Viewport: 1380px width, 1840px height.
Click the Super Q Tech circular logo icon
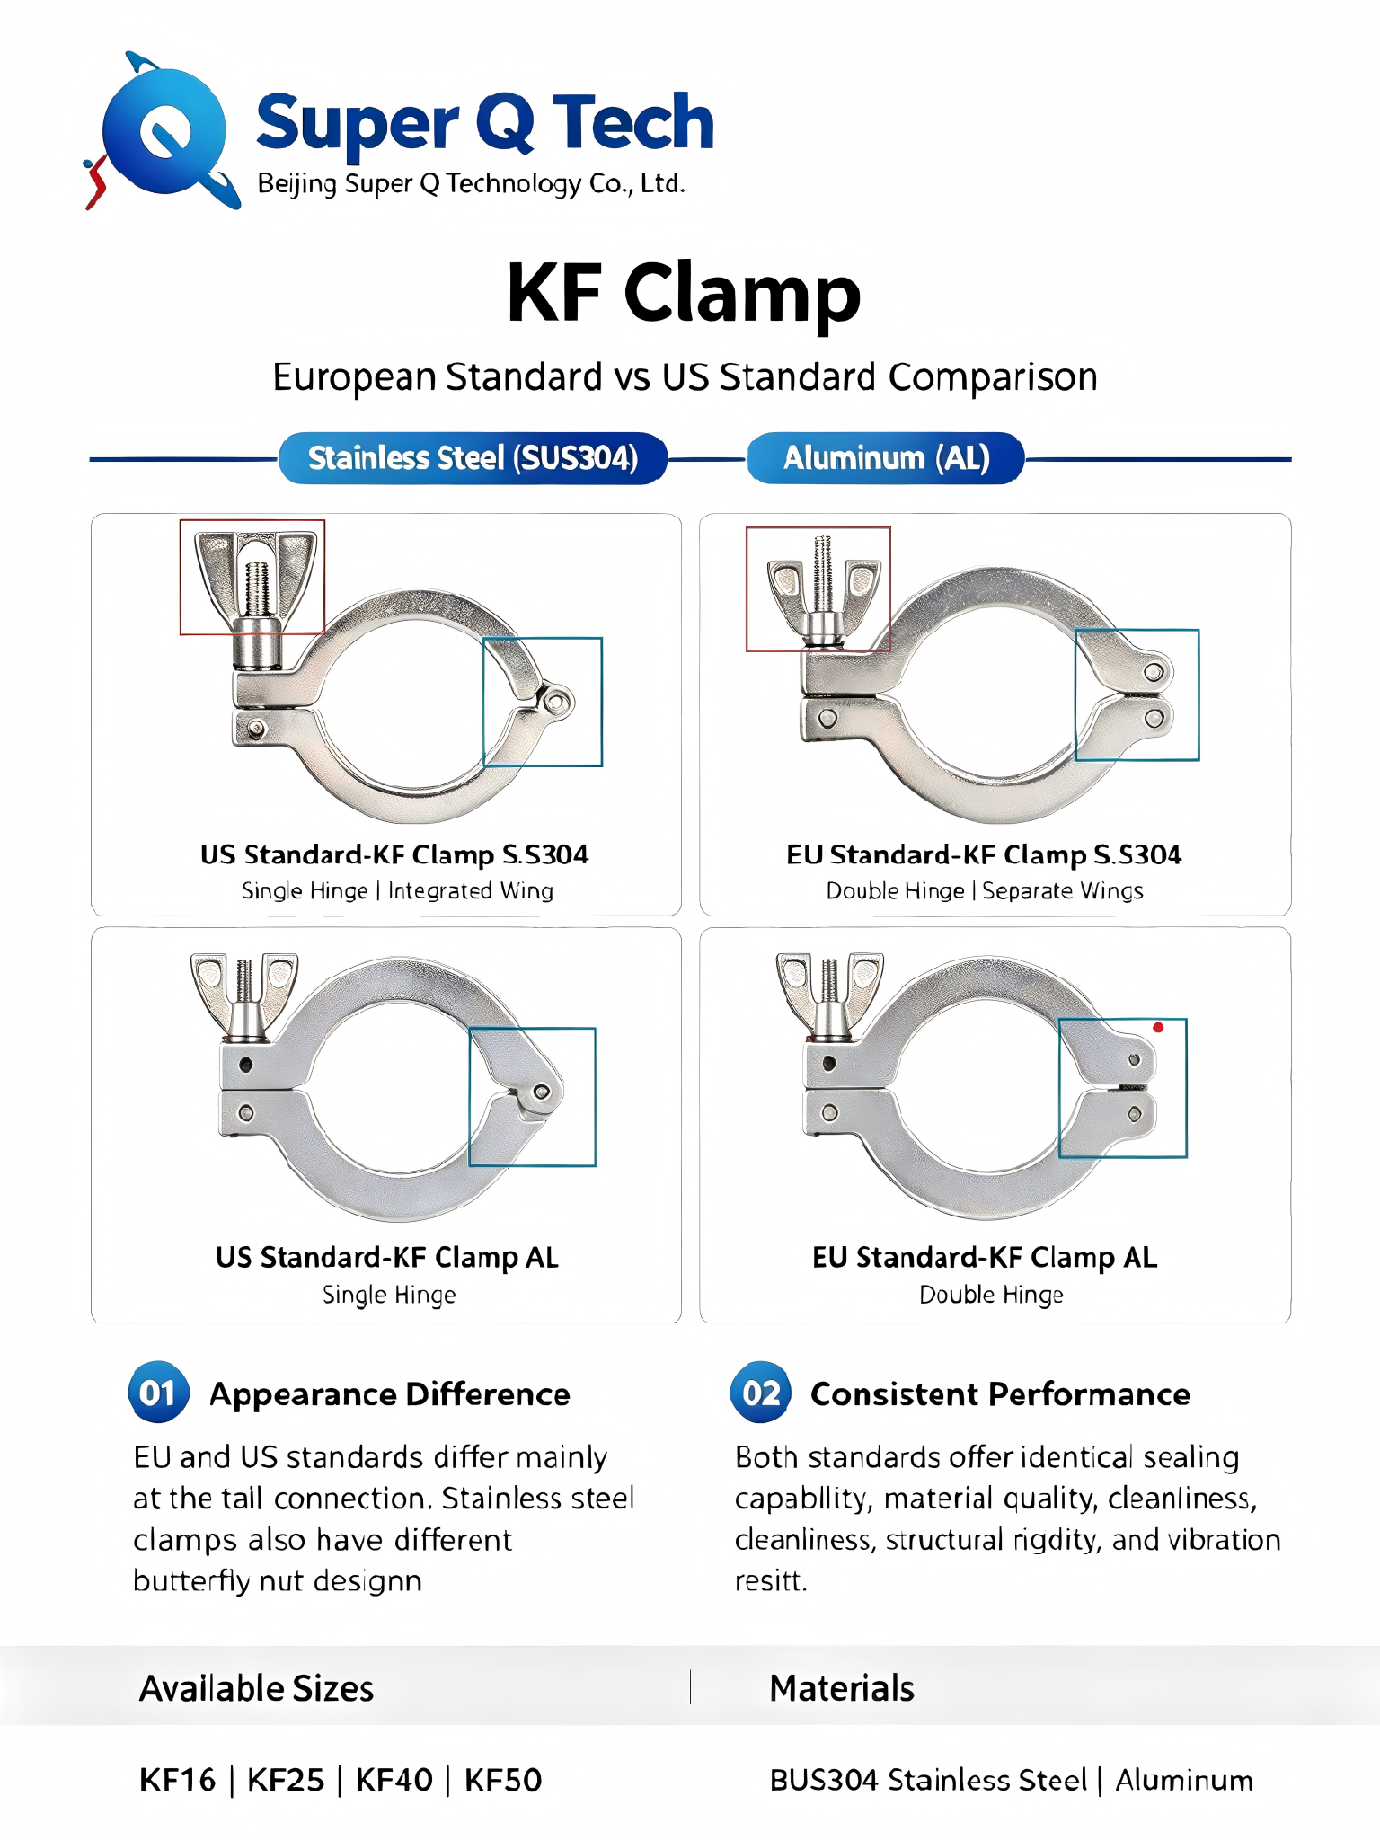(x=163, y=130)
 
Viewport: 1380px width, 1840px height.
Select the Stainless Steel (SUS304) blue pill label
(x=473, y=458)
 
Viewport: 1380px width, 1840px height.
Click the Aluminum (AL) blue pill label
(x=886, y=458)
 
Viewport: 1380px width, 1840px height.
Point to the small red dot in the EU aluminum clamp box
(x=1158, y=1027)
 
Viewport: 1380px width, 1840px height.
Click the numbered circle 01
(x=158, y=1393)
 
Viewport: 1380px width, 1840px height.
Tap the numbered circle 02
(x=760, y=1393)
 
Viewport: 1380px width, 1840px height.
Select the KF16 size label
(x=178, y=1780)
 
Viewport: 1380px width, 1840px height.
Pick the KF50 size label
(x=503, y=1780)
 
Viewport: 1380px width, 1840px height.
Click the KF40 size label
(x=394, y=1780)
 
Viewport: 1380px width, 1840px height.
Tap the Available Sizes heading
(x=256, y=1689)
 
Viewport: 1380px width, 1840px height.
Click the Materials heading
(x=842, y=1689)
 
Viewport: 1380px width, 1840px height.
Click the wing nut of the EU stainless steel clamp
(x=823, y=593)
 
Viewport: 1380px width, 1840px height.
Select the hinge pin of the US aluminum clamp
(x=542, y=1092)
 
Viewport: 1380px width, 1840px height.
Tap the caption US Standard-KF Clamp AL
(x=386, y=1258)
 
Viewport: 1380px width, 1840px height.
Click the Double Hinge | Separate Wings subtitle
(x=985, y=890)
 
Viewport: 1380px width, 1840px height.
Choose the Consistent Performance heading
(x=1000, y=1394)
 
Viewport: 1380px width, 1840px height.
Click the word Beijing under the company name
(x=297, y=184)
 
